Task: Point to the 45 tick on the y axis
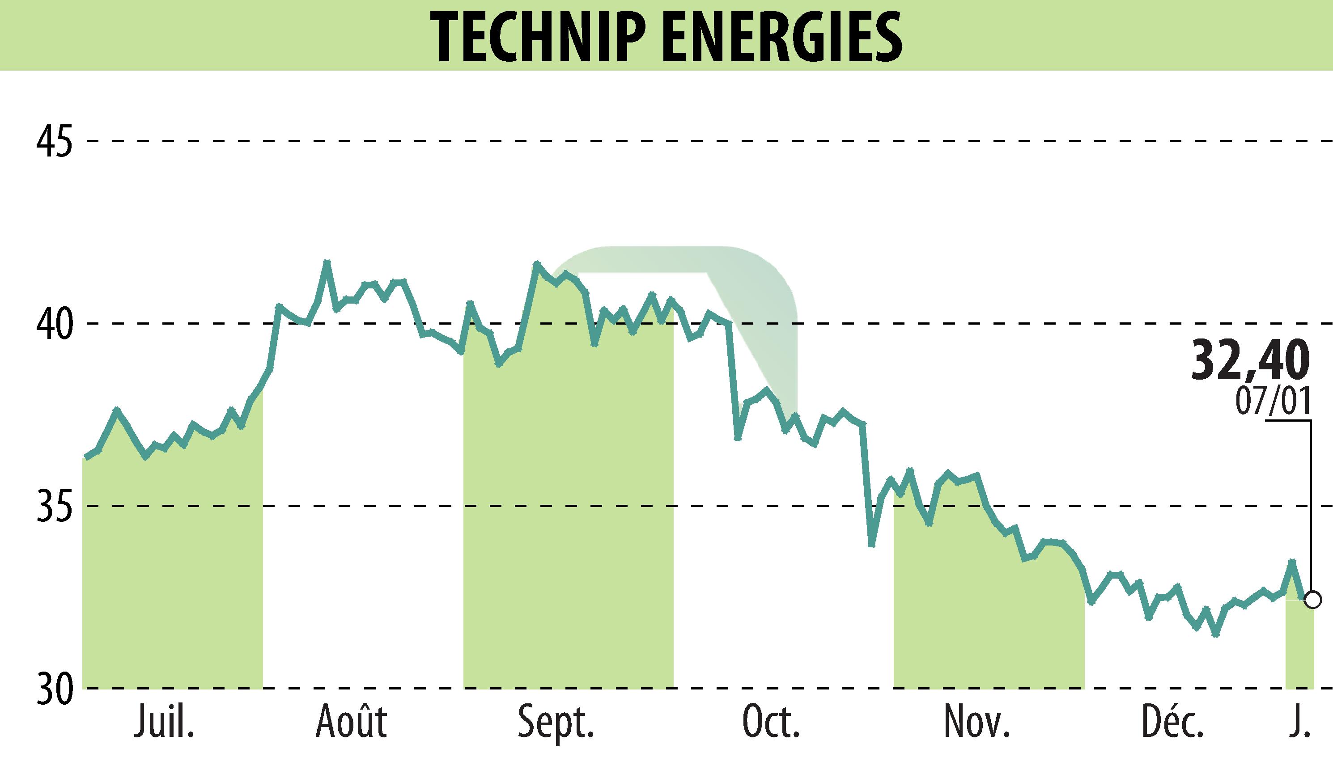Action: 54,140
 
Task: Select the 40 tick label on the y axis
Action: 54,323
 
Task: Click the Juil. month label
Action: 164,722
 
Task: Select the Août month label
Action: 352,722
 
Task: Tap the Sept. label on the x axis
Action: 556,723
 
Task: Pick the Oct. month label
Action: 771,722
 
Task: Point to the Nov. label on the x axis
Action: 976,722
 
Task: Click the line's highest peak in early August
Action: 327,262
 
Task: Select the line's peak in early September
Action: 537,264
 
